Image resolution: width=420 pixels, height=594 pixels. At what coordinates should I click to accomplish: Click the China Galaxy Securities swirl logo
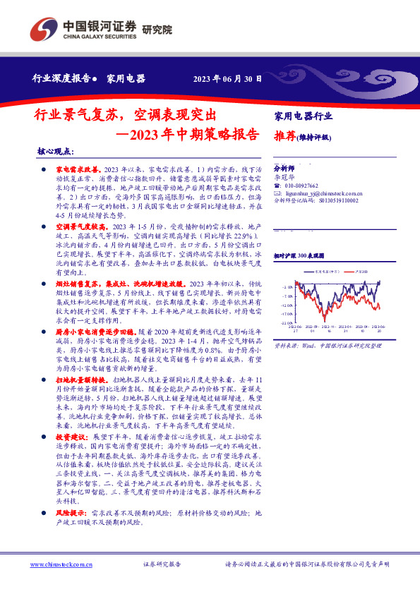coord(43,29)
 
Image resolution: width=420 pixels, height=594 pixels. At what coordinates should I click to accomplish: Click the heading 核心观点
coord(56,152)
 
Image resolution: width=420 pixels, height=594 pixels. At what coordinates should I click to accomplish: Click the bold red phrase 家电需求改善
coord(79,171)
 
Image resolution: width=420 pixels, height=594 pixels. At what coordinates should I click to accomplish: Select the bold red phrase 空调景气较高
coord(79,226)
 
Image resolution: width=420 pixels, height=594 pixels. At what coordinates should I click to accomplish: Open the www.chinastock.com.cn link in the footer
coord(61,564)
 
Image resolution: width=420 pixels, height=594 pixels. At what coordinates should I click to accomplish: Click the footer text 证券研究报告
coord(162,564)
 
